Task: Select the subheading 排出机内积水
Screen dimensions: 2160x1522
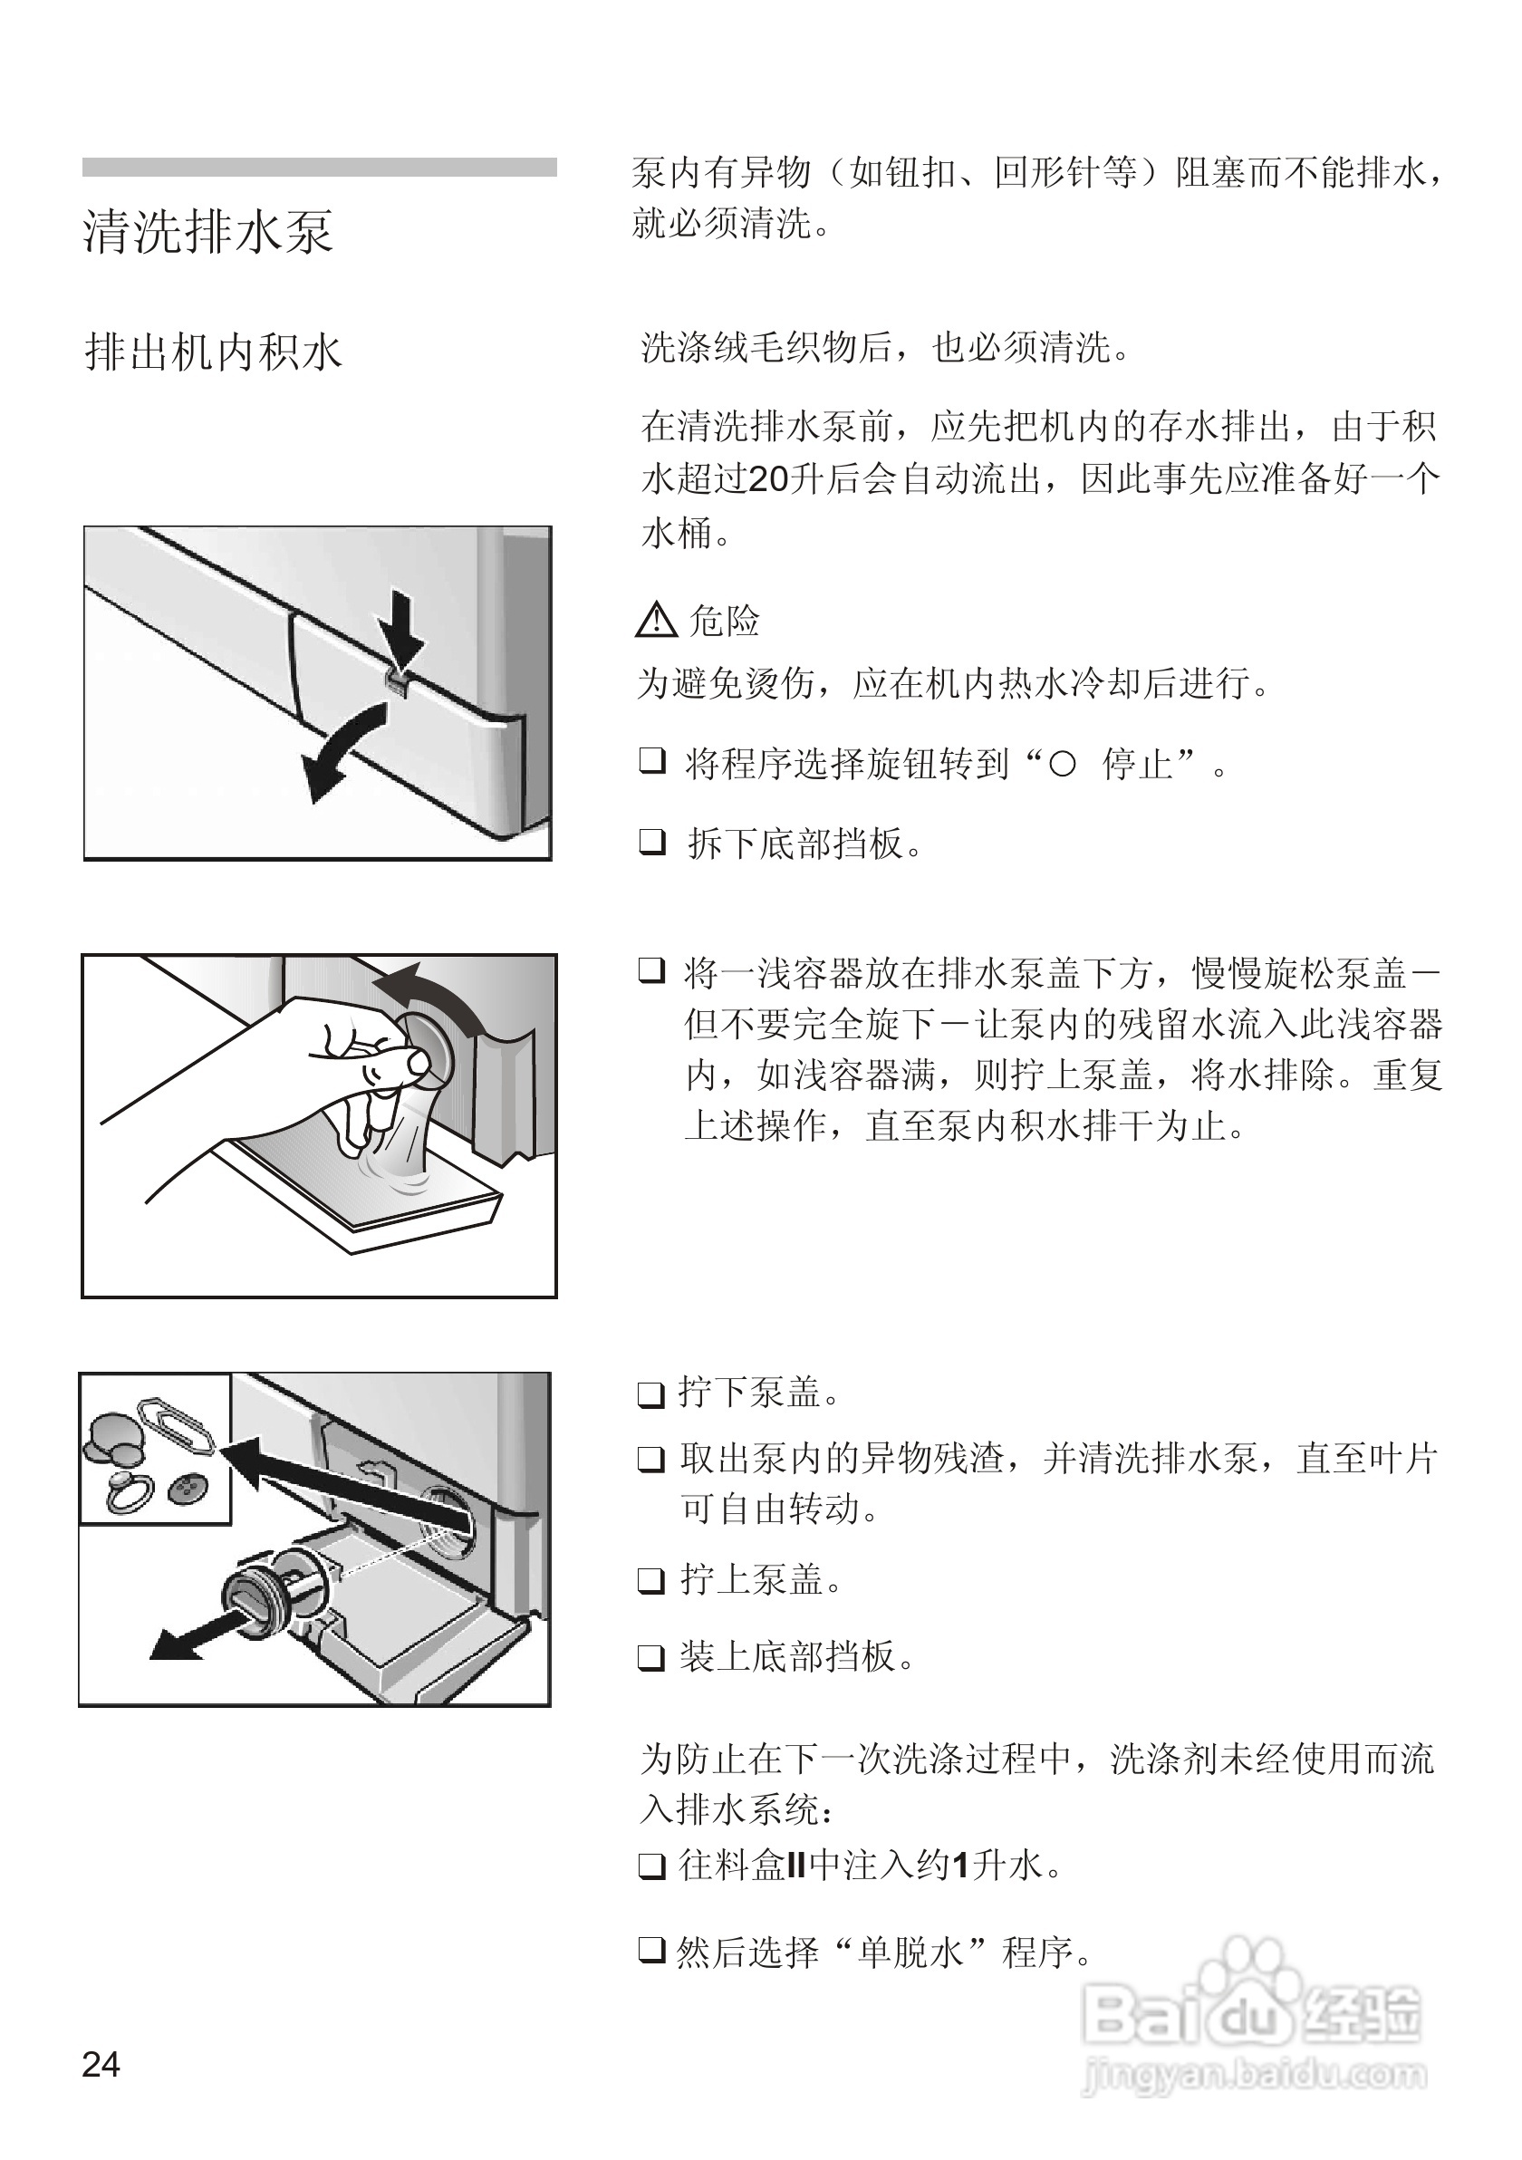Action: tap(214, 352)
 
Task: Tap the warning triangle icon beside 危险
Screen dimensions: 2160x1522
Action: tap(656, 620)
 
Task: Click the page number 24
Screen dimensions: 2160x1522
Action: tap(101, 2065)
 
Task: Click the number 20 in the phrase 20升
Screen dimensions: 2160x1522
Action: tap(767, 480)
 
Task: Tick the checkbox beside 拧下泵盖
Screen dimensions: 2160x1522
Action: tap(651, 1393)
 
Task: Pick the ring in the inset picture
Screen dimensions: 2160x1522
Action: tap(126, 1493)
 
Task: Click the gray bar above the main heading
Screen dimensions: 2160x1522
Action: tap(319, 168)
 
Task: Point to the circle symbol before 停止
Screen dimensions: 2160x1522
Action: tap(1061, 765)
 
